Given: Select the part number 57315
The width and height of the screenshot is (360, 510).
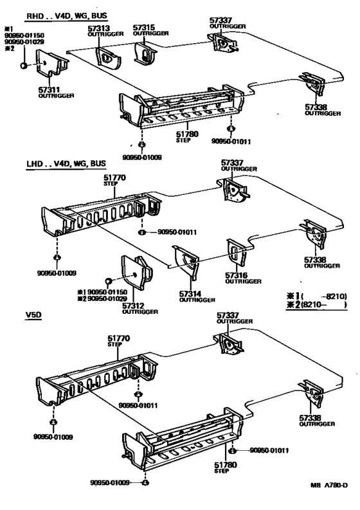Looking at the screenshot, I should click(142, 28).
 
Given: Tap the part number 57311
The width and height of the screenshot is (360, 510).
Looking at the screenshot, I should click(48, 89).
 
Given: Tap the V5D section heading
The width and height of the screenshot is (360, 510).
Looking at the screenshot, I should click(35, 316).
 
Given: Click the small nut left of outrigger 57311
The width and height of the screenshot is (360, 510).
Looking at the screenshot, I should click(23, 66).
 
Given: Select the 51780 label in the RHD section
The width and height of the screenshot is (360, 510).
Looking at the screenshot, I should click(189, 133).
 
